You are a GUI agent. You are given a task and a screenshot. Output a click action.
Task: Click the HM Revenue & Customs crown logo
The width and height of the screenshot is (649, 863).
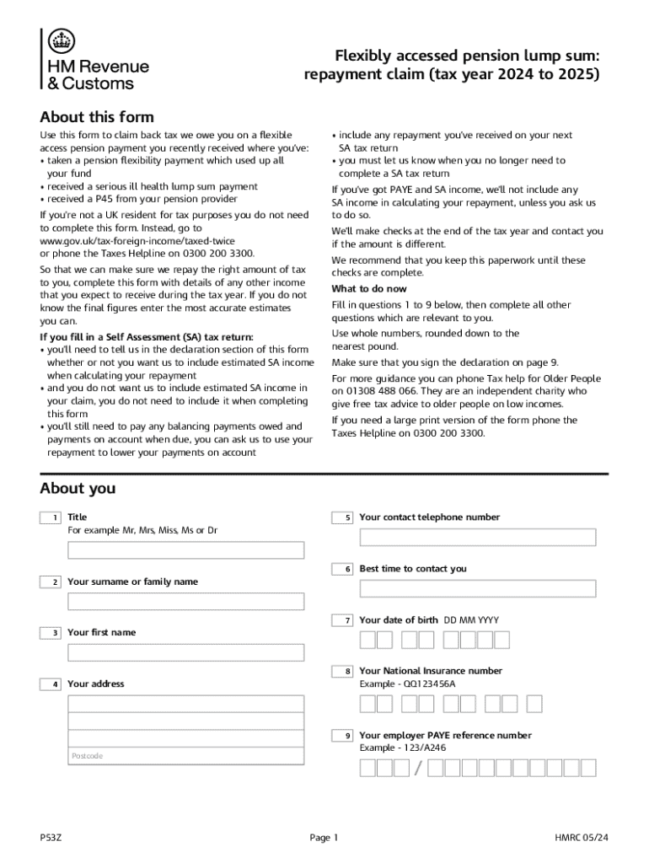[61, 40]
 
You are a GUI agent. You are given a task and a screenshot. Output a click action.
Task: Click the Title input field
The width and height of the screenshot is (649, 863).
[186, 550]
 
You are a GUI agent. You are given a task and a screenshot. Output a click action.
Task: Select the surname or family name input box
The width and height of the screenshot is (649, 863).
[186, 602]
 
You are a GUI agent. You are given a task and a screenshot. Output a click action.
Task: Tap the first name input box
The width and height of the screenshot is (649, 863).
[186, 652]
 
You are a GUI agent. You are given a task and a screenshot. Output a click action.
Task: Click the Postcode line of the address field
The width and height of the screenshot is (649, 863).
[186, 756]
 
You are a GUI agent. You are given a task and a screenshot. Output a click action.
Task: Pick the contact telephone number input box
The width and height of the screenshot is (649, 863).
[478, 537]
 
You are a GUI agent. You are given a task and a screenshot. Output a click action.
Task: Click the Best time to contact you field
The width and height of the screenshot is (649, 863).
[478, 588]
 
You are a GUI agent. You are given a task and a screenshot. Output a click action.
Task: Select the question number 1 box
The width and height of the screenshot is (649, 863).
[51, 517]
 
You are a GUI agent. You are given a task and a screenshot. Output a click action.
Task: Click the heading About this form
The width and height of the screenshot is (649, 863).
[97, 117]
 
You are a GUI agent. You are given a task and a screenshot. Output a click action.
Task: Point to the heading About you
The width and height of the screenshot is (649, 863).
[78, 489]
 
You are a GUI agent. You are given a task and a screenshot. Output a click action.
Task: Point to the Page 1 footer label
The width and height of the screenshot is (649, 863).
[324, 838]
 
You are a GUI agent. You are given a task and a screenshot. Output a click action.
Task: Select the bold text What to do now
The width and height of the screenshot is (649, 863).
[369, 289]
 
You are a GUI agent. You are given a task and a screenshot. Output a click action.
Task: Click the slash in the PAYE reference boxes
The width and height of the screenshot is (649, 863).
[418, 769]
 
